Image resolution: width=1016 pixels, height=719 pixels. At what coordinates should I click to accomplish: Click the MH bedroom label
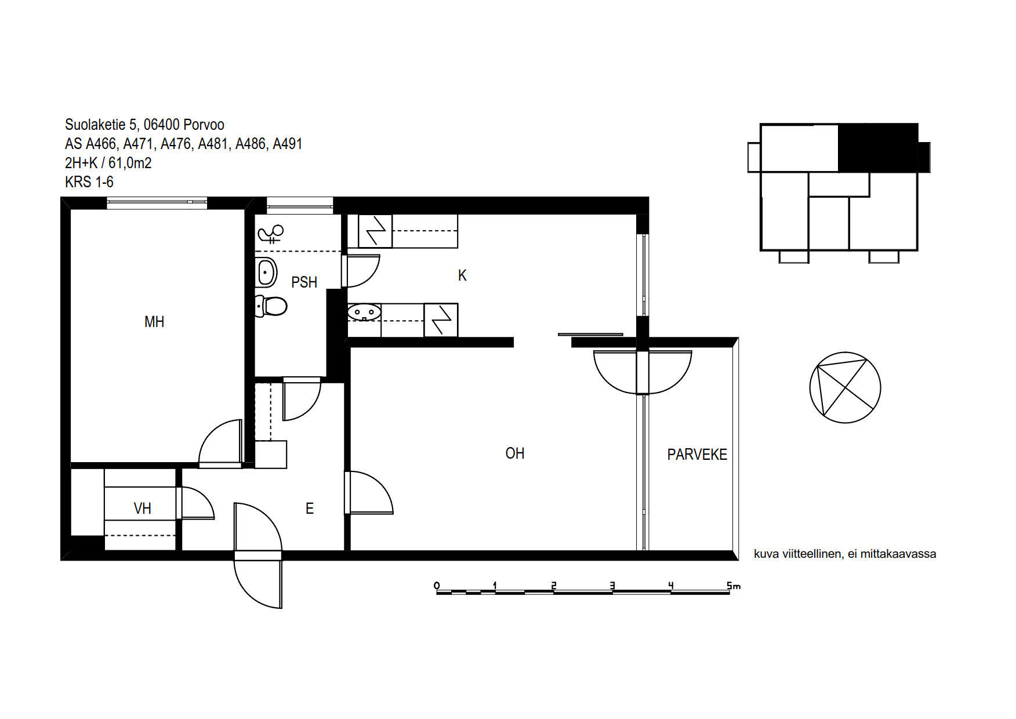pyautogui.click(x=154, y=322)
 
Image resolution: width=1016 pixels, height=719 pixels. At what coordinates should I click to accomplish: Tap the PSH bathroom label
pyautogui.click(x=304, y=282)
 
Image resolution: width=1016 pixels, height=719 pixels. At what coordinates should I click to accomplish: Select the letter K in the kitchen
pyautogui.click(x=462, y=275)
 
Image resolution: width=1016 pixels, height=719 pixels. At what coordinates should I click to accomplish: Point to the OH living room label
pyautogui.click(x=515, y=453)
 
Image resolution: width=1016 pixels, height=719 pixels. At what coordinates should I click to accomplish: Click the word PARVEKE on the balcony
pyautogui.click(x=697, y=455)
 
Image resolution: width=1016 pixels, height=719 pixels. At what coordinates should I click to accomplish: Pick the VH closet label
pyautogui.click(x=143, y=509)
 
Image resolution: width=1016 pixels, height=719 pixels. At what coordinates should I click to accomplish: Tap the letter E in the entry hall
pyautogui.click(x=310, y=509)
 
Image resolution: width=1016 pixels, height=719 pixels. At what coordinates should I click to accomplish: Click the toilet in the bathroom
pyautogui.click(x=271, y=306)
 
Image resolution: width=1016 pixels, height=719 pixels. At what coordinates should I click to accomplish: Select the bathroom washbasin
pyautogui.click(x=266, y=271)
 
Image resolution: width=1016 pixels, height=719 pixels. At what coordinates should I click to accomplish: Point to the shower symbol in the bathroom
pyautogui.click(x=271, y=234)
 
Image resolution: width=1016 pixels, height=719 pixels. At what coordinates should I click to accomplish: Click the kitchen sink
pyautogui.click(x=364, y=313)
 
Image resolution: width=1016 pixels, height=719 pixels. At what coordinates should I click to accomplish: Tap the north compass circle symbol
pyautogui.click(x=845, y=387)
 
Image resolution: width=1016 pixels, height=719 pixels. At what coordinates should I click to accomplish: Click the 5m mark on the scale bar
pyautogui.click(x=734, y=586)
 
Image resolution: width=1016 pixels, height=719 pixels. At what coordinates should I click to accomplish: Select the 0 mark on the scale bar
pyautogui.click(x=437, y=585)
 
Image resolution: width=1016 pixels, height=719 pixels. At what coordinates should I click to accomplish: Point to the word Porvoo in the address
pyautogui.click(x=204, y=125)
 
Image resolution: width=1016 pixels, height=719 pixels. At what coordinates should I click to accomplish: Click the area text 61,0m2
pyautogui.click(x=130, y=163)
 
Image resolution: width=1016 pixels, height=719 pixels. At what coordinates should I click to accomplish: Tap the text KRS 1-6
pyautogui.click(x=89, y=182)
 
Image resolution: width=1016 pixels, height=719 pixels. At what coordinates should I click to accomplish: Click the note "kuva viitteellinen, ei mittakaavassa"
pyautogui.click(x=845, y=554)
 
